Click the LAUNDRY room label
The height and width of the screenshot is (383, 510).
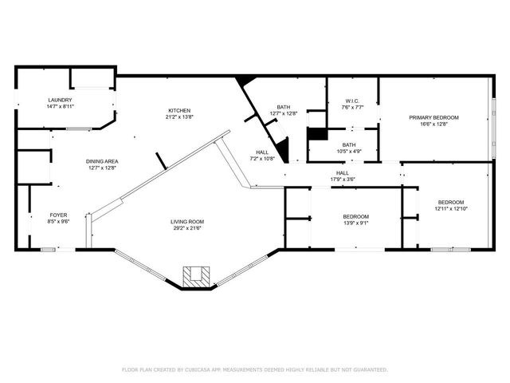point(60,100)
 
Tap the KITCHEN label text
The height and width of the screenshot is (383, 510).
point(179,110)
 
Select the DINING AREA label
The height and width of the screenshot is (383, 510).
point(102,161)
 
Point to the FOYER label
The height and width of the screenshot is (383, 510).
point(59,215)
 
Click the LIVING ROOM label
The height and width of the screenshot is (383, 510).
point(187,222)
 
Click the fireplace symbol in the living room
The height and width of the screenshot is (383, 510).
point(195,276)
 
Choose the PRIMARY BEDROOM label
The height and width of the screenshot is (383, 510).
point(433,117)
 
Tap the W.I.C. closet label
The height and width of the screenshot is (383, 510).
point(353,101)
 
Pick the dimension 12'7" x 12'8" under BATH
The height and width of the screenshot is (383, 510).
point(284,113)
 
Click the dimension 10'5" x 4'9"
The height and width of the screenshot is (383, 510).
point(349,151)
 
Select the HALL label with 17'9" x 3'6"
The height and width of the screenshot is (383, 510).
point(342,173)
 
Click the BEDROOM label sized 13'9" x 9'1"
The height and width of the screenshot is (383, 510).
point(355,217)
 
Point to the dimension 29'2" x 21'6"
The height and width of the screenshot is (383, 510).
point(187,228)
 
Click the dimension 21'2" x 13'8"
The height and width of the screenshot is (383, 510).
point(179,116)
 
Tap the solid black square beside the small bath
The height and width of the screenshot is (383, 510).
point(316,133)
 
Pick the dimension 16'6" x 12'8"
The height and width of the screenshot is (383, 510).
point(433,124)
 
